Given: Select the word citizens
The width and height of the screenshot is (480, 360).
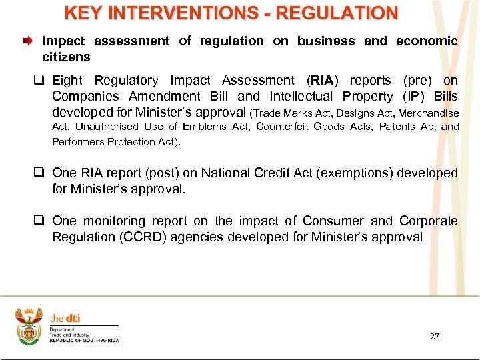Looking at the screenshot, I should pyautogui.click(x=66, y=57).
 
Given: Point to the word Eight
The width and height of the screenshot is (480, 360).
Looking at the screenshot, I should pyautogui.click(x=67, y=81).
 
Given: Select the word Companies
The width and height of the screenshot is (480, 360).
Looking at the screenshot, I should pyautogui.click(x=87, y=97).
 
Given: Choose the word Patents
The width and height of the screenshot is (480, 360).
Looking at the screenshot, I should pyautogui.click(x=397, y=127).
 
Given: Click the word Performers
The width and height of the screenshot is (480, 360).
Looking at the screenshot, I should pyautogui.click(x=79, y=141).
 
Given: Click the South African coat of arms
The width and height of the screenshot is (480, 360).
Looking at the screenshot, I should pyautogui.click(x=29, y=326).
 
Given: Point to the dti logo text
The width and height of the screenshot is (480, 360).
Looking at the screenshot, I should pyautogui.click(x=65, y=319).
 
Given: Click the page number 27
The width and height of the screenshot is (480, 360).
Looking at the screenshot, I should pyautogui.click(x=435, y=337).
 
